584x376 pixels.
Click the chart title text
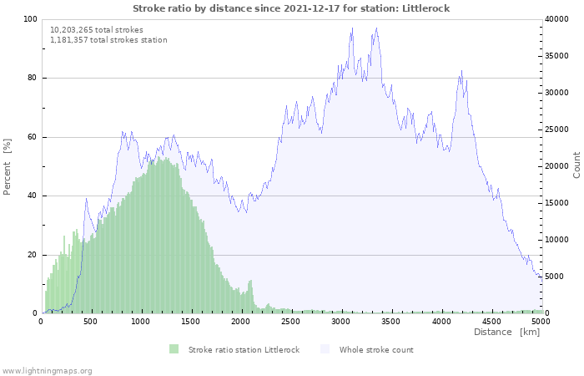pyautogui.click(x=292, y=8)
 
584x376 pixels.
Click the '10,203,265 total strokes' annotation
pyautogui.click(x=96, y=30)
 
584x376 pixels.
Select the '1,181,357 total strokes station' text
pyautogui.click(x=108, y=40)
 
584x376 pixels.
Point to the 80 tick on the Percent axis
pyautogui.click(x=32, y=79)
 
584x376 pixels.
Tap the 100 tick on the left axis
pyautogui.click(x=30, y=19)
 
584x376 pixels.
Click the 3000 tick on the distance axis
pyautogui.click(x=340, y=321)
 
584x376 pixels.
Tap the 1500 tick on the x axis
pyautogui.click(x=191, y=321)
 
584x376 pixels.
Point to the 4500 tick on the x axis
pyautogui.click(x=491, y=321)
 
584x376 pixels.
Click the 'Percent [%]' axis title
pyautogui.click(x=8, y=167)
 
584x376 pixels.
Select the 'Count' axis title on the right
pyautogui.click(x=576, y=165)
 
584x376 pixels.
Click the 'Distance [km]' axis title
pyautogui.click(x=506, y=333)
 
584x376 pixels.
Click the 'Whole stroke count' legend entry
pyautogui.click(x=376, y=349)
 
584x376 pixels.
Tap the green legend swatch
pyautogui.click(x=174, y=349)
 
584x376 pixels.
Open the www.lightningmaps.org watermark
pyautogui.click(x=47, y=370)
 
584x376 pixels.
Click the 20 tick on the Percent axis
pyautogui.click(x=32, y=255)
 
